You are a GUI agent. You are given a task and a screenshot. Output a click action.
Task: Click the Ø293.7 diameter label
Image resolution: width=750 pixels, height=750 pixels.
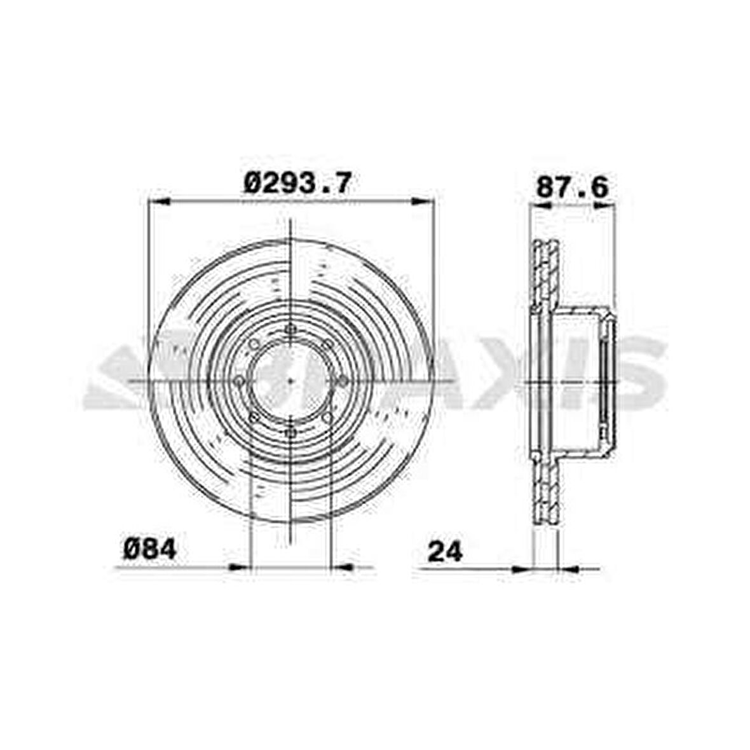pos(297,184)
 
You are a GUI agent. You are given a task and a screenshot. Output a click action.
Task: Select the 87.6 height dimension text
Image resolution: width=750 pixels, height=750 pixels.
pos(572,187)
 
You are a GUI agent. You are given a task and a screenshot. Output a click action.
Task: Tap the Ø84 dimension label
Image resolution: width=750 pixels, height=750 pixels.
pos(150,549)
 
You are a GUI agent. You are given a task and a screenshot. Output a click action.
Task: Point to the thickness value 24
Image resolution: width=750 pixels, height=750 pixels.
pos(445,551)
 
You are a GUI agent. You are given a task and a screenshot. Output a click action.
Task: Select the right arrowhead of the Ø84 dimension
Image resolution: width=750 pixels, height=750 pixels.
pos(344,566)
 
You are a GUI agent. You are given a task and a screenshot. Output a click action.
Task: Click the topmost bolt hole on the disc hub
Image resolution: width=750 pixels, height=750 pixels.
pos(291,329)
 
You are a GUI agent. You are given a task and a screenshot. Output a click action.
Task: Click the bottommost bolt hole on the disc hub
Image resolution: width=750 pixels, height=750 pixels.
pos(291,432)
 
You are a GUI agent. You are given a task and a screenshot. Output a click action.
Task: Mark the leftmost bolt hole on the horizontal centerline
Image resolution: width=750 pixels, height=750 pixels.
pos(240,380)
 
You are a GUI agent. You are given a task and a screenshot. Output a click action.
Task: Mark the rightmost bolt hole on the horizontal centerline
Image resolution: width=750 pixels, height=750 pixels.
pos(343,380)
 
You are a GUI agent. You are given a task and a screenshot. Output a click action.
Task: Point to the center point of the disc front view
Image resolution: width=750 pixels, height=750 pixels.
pos(291,381)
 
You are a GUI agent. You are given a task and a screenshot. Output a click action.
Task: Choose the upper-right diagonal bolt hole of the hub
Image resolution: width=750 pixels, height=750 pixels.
pos(329,344)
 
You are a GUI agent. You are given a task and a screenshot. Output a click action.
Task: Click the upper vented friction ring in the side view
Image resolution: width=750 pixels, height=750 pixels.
pos(545,273)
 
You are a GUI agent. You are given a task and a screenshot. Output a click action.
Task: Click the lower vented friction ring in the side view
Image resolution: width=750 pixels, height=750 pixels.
pos(545,489)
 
